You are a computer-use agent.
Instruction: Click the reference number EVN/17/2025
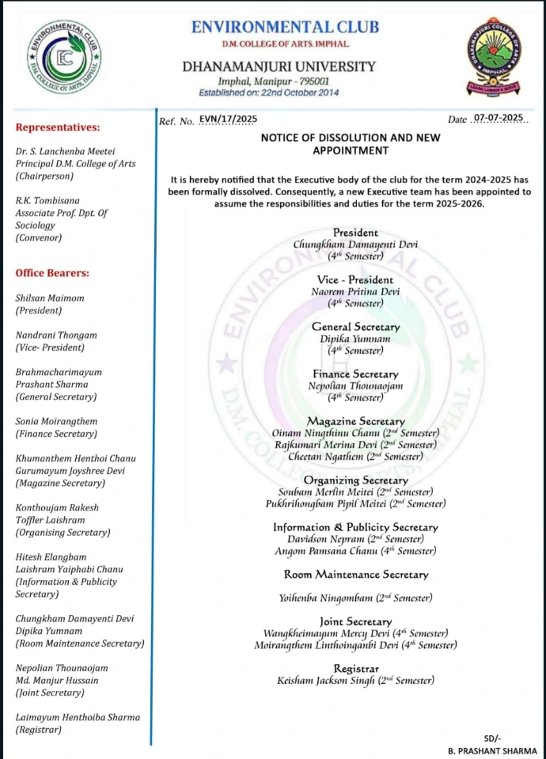[229, 119]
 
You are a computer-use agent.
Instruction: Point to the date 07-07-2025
[498, 119]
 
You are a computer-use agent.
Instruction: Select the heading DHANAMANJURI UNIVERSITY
[279, 67]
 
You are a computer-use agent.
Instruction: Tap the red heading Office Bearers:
[53, 273]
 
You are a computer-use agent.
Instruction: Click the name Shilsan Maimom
[50, 298]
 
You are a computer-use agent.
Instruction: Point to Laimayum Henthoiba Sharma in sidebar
[78, 717]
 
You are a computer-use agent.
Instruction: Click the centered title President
[355, 233]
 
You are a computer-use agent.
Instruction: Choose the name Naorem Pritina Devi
[355, 291]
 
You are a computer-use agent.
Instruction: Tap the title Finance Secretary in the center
[355, 374]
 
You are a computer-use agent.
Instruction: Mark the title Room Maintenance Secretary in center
[355, 575]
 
